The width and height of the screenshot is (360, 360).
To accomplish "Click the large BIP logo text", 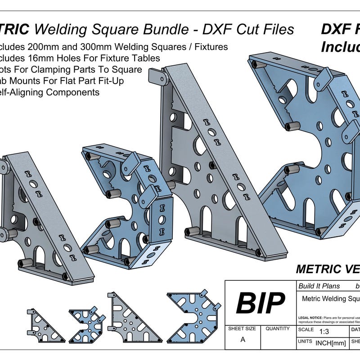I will [x=261, y=303].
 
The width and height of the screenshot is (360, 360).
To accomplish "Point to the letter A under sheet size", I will [x=243, y=340].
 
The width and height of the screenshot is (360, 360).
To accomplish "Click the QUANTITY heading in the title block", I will [x=278, y=329].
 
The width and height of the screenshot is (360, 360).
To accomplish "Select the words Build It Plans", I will [x=319, y=286].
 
